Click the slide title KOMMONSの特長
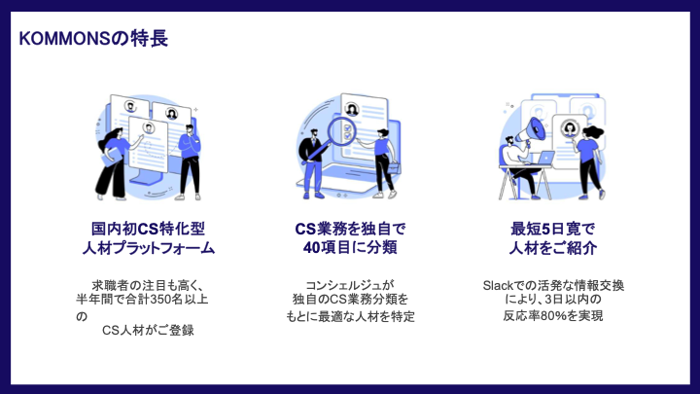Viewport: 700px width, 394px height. click(93, 39)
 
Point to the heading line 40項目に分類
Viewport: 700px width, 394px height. click(350, 248)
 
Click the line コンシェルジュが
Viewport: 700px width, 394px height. click(350, 285)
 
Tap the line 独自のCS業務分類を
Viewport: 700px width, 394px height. click(350, 300)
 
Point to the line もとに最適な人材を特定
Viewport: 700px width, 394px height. click(350, 317)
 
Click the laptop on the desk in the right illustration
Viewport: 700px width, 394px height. click(545, 159)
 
